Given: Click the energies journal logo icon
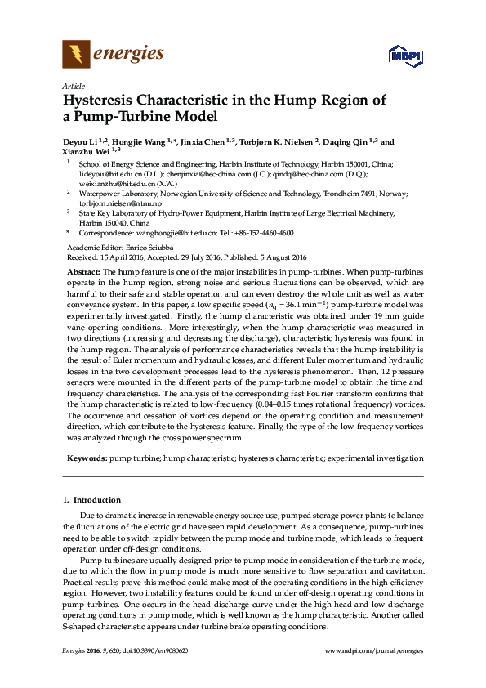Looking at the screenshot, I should (76, 55).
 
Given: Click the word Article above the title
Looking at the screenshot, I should (72, 86).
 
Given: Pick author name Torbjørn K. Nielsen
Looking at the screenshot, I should (276, 141).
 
